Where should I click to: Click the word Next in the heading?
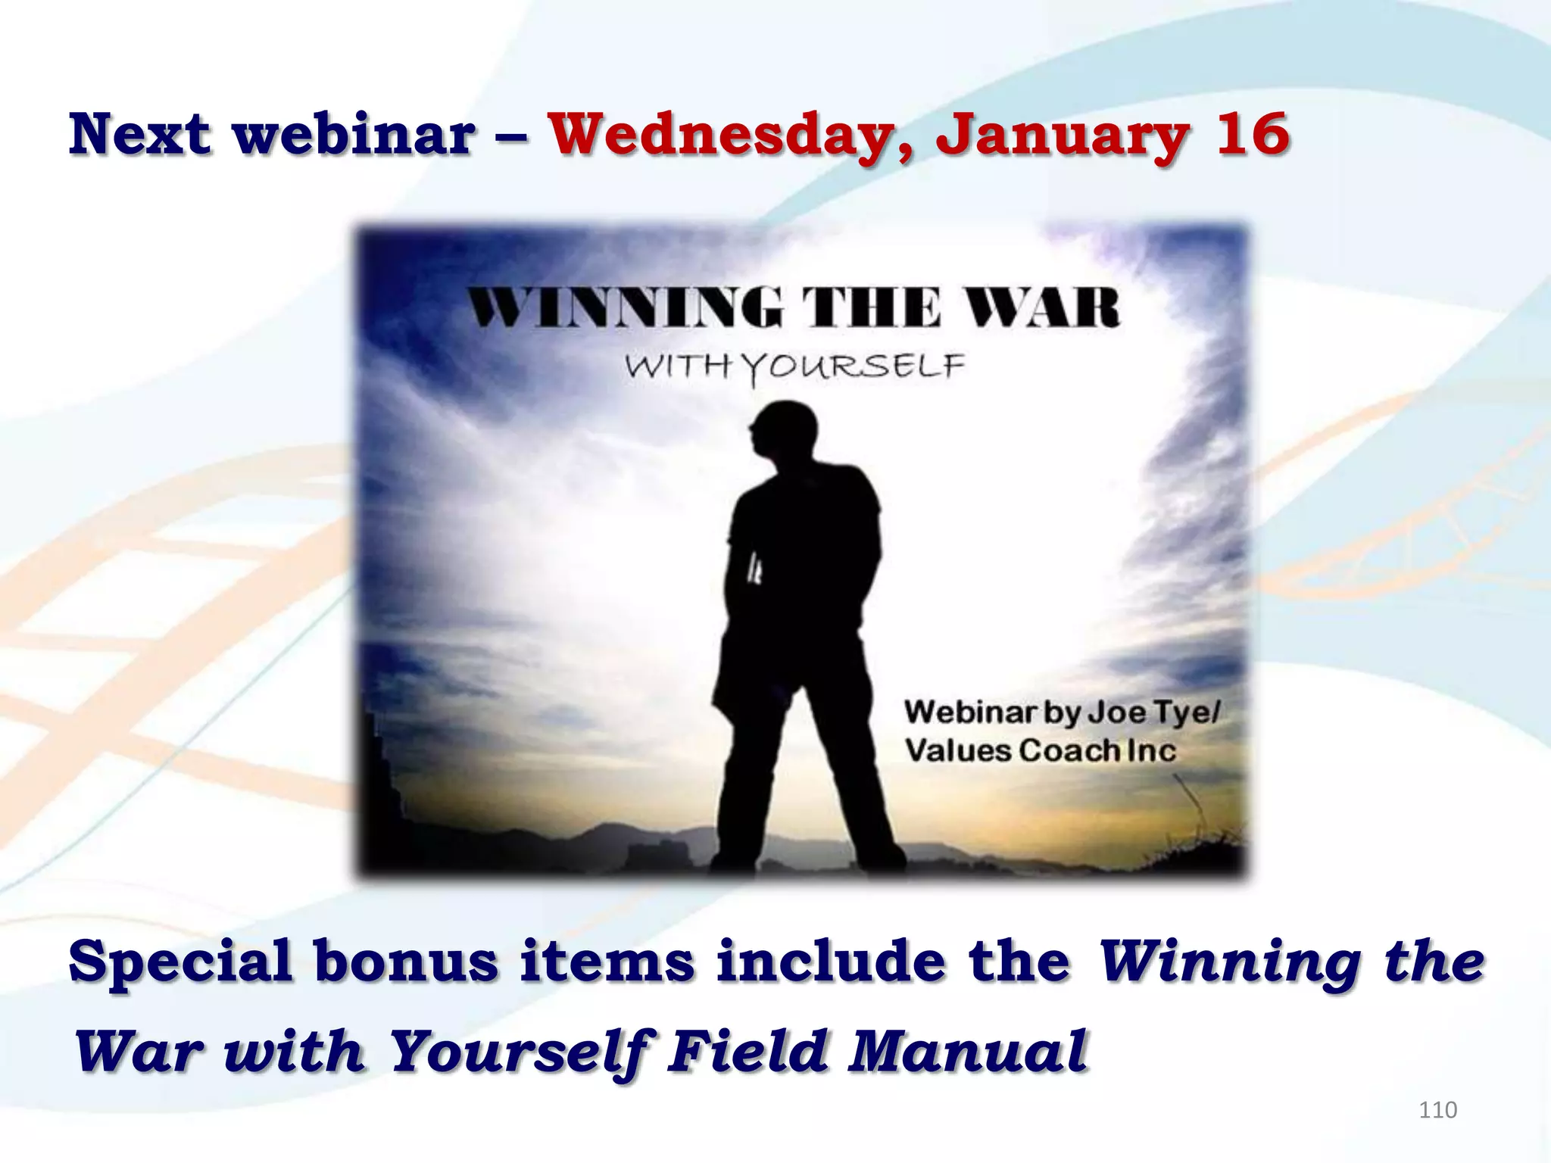coord(139,134)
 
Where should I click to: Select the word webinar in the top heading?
coord(354,134)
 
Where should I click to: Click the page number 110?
coord(1437,1110)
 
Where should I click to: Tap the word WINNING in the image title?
coord(626,308)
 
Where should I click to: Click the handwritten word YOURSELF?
coord(852,367)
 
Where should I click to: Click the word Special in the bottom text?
coord(180,963)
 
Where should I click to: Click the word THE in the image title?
coord(872,308)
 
